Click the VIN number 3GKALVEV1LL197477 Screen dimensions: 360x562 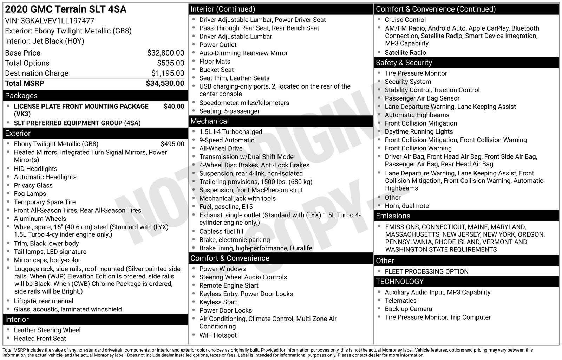tap(57, 21)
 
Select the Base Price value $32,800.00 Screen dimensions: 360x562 tap(165, 53)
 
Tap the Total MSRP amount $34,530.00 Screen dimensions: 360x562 tap(165, 83)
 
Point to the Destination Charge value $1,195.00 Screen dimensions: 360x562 tap(168, 73)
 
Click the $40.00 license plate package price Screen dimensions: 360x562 tap(174, 106)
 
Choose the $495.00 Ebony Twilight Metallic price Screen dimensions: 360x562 tap(172, 144)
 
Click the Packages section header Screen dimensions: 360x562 tap(21, 96)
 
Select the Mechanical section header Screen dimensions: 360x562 tap(209, 121)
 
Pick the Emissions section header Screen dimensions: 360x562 tap(393, 216)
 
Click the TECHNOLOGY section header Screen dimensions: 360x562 tap(399, 282)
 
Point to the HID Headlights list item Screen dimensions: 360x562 tap(35, 169)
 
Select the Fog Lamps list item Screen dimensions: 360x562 tap(30, 194)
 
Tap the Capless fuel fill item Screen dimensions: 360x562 tap(221, 231)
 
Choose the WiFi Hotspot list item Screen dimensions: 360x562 tap(218, 335)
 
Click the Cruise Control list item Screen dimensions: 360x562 tap(405, 20)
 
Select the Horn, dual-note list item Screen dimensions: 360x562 tap(406, 206)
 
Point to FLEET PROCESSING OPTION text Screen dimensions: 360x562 tap(426, 271)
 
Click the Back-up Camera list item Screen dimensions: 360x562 tap(408, 309)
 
